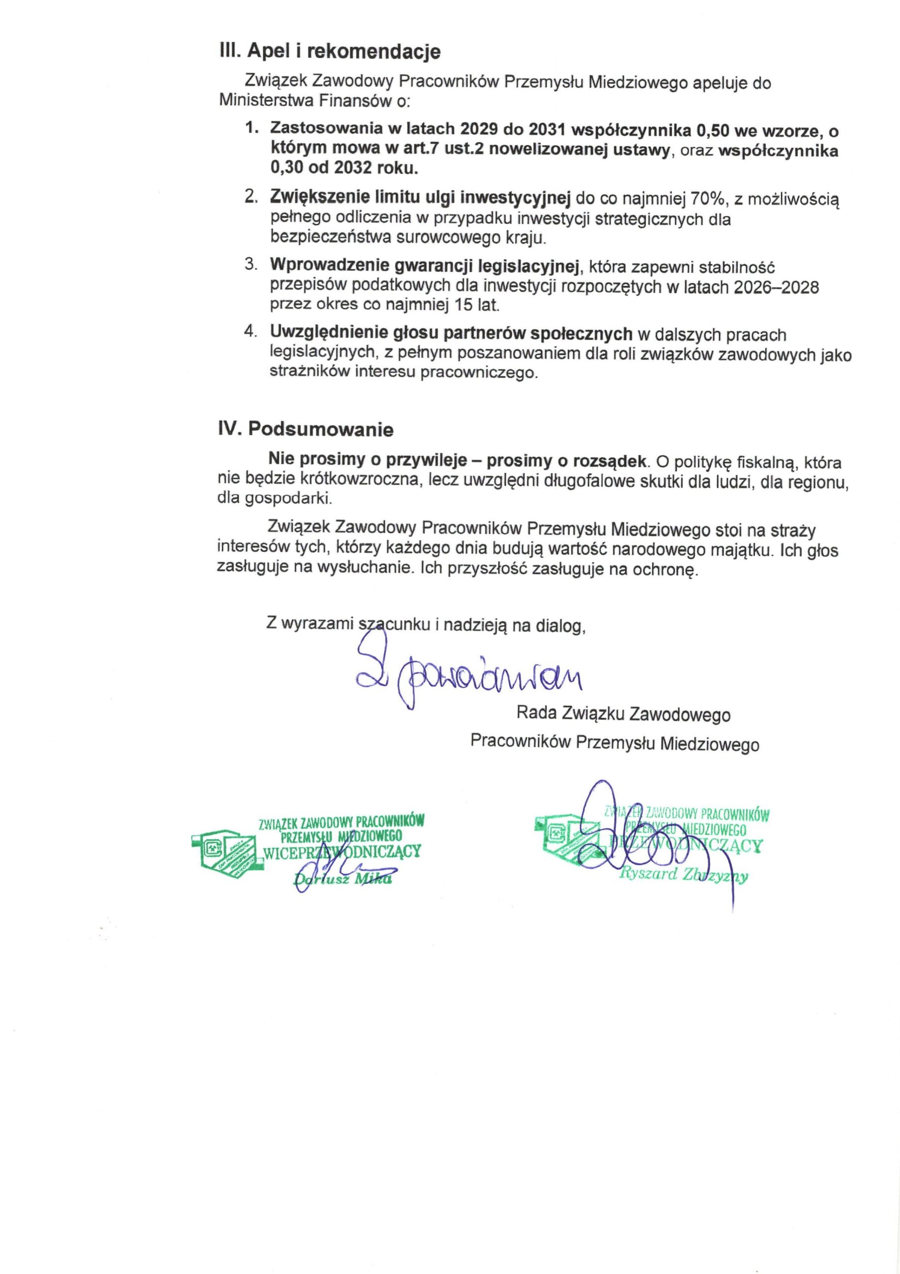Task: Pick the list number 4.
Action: tap(250, 333)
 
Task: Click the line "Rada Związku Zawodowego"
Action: tap(623, 714)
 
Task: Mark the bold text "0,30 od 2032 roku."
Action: tap(344, 168)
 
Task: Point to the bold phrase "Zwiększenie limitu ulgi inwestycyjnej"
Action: tap(421, 198)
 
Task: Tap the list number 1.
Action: tap(251, 129)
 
